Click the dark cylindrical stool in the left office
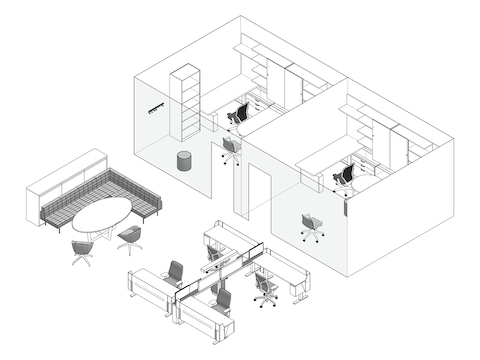184,160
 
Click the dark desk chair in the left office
238,115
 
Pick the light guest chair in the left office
230,149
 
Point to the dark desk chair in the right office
345,176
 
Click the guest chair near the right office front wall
311,226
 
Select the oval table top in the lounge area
101,213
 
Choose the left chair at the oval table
81,250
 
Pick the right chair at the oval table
131,238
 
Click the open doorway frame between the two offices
257,190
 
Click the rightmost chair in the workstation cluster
265,288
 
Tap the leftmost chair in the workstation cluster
174,273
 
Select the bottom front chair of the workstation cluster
223,301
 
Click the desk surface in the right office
325,155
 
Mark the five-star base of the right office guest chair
312,237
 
